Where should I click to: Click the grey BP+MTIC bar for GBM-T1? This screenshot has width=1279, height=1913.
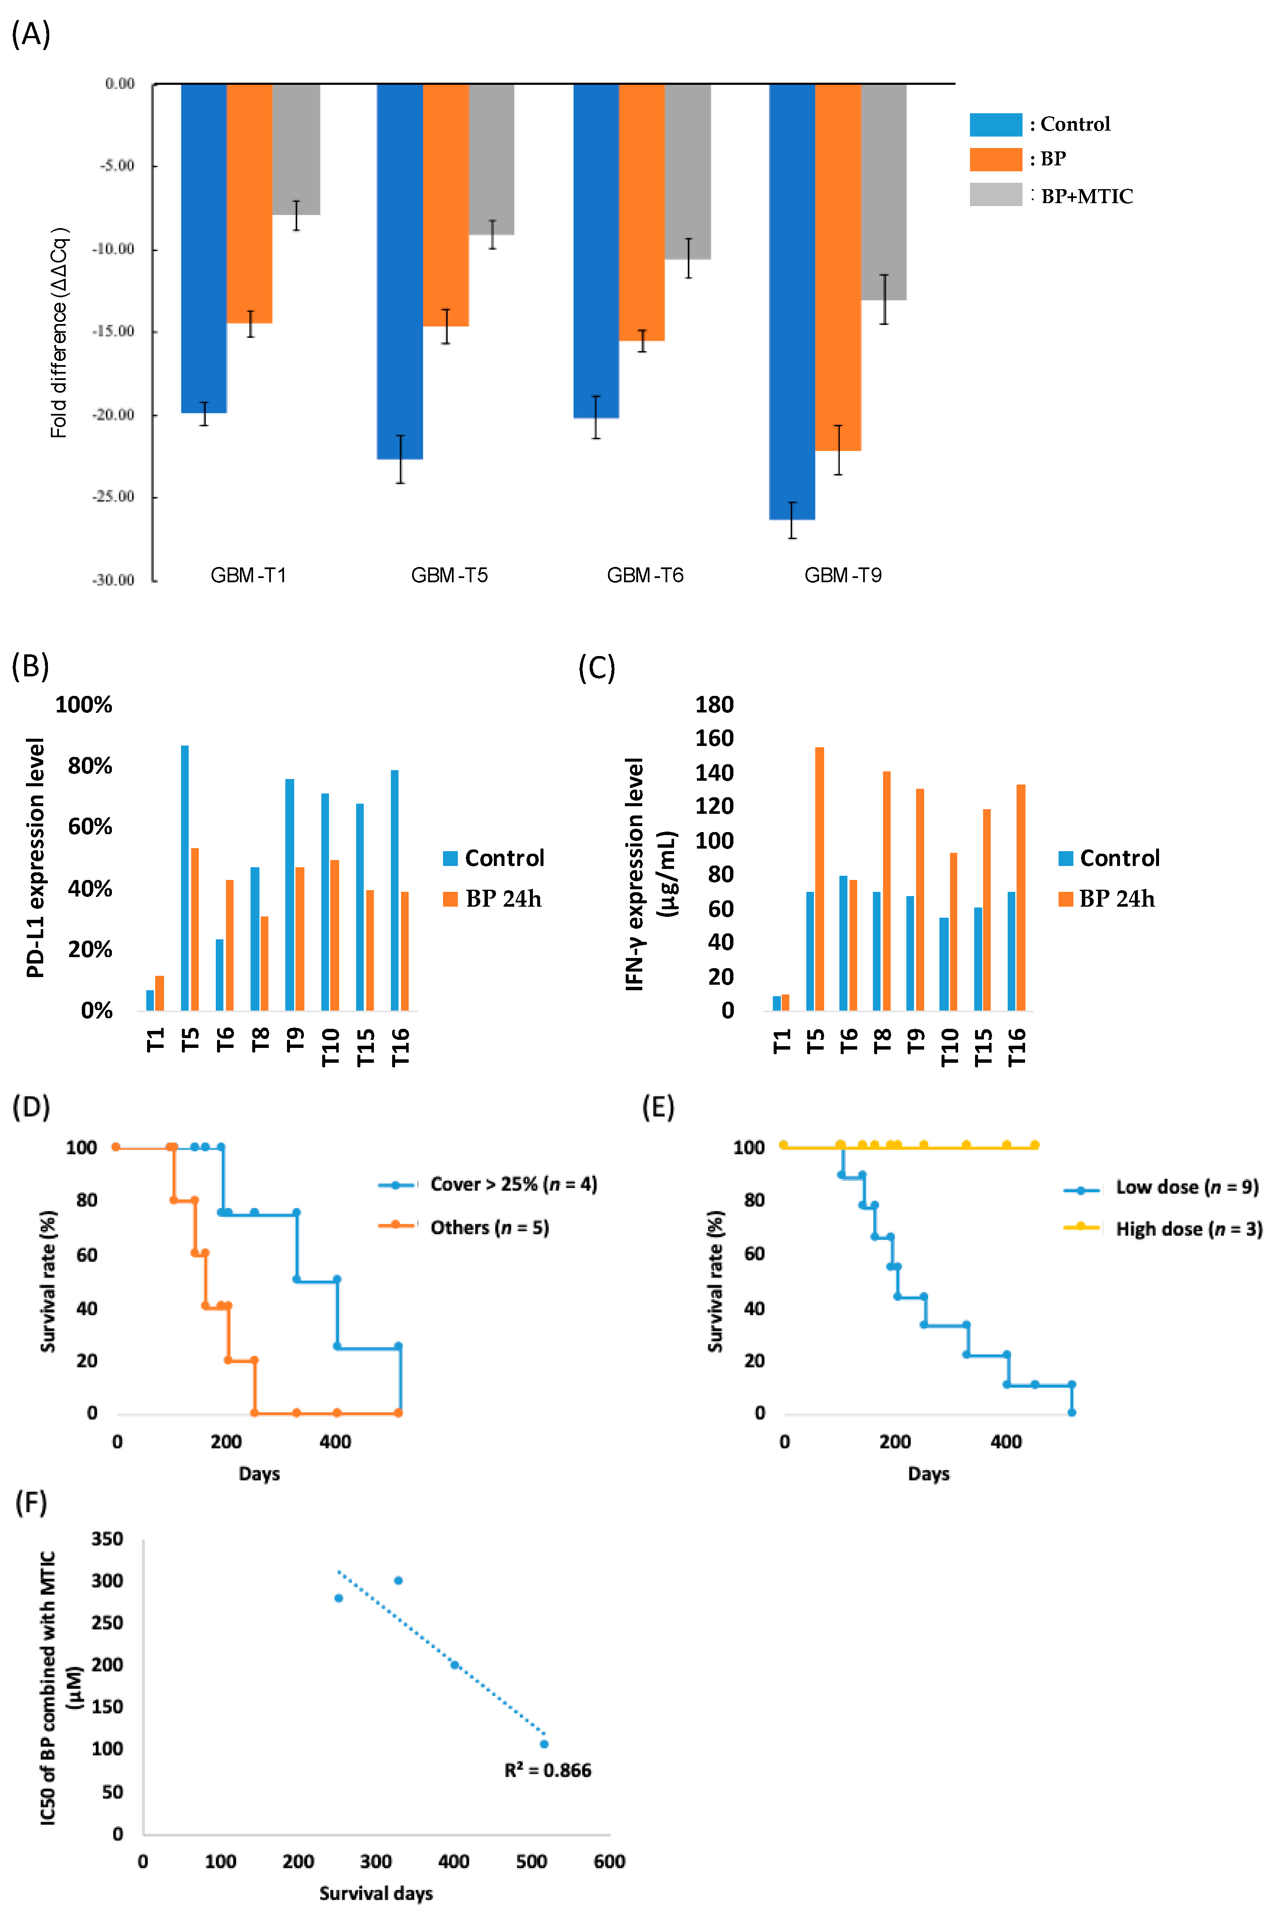pyautogui.click(x=296, y=149)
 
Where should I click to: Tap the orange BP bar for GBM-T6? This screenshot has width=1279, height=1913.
pyautogui.click(x=642, y=212)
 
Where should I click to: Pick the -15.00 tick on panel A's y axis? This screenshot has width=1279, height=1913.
pyautogui.click(x=113, y=331)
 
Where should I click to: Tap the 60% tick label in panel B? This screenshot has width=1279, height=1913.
pyautogui.click(x=90, y=827)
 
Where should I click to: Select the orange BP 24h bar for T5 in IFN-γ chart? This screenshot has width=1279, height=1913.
pyautogui.click(x=819, y=879)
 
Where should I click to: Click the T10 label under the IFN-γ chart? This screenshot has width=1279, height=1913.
pyautogui.click(x=950, y=1047)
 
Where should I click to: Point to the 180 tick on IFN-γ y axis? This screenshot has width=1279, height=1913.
pyautogui.click(x=715, y=705)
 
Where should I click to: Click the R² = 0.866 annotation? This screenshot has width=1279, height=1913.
pyautogui.click(x=547, y=1770)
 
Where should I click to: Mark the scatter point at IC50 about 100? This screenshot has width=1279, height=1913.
pyautogui.click(x=544, y=1744)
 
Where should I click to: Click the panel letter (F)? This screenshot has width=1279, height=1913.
pyautogui.click(x=31, y=1502)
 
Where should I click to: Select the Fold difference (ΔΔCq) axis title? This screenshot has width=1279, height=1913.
pyautogui.click(x=59, y=333)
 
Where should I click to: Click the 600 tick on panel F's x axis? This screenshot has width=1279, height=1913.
pyautogui.click(x=609, y=1862)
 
